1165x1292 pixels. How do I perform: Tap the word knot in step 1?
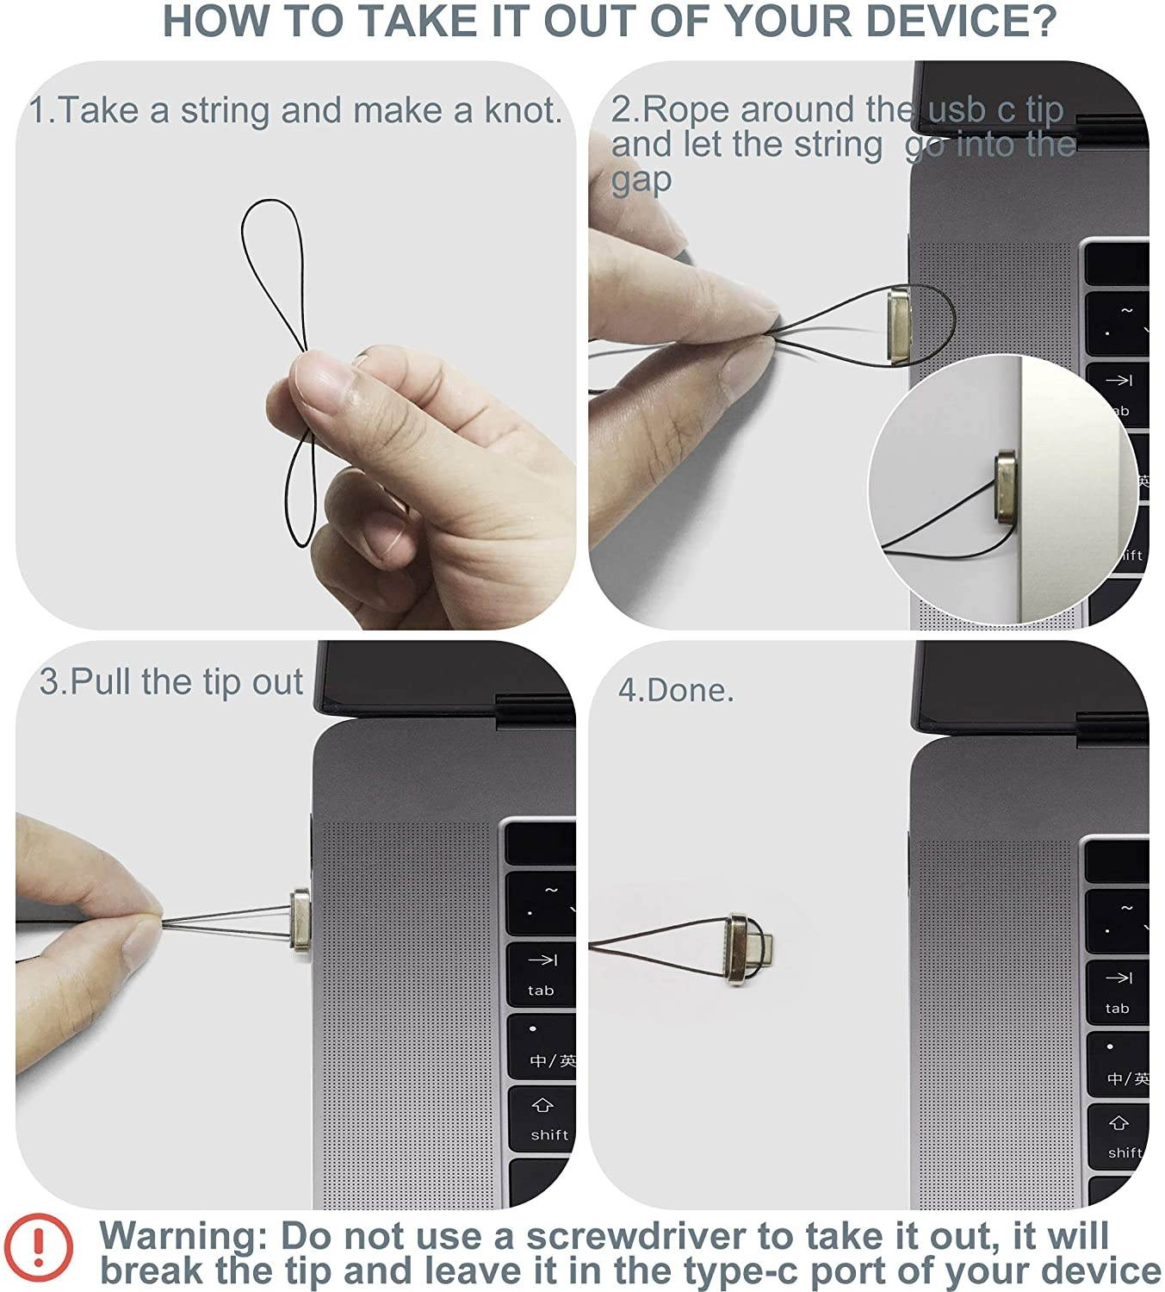pos(522,110)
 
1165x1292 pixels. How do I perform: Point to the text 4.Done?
pos(676,691)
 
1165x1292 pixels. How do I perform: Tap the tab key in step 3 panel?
pos(541,974)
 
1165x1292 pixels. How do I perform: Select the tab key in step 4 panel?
pos(1118,992)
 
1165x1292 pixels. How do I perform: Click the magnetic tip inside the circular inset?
pos(1006,484)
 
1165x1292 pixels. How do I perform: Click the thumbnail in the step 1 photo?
pos(322,384)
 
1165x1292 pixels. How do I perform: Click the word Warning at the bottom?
pos(183,1237)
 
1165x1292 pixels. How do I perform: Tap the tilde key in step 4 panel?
pos(1118,920)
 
